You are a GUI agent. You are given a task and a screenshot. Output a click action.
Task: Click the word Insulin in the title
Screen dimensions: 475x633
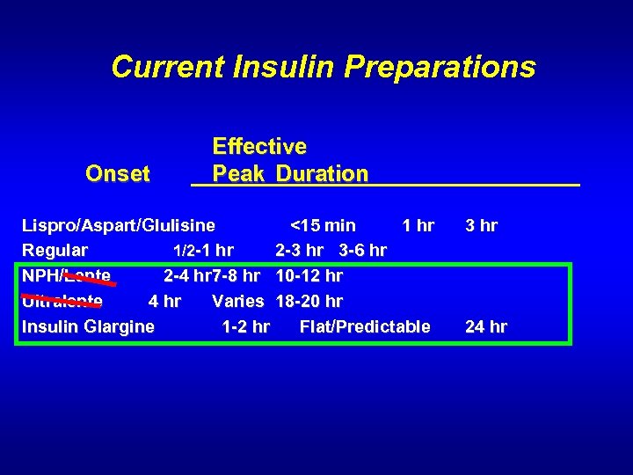(283, 67)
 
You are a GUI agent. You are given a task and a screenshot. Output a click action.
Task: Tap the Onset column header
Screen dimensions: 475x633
(118, 174)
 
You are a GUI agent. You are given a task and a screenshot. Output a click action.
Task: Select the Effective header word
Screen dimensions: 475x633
(259, 146)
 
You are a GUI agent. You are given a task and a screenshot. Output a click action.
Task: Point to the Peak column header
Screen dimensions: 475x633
(239, 174)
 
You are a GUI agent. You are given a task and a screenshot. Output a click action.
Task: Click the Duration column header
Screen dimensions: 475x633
(322, 174)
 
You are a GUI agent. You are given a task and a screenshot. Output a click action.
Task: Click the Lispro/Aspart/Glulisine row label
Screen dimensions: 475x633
(118, 225)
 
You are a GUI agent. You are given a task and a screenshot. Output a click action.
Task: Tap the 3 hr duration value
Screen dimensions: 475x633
(481, 225)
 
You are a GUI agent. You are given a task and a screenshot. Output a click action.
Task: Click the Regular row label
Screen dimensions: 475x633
(55, 251)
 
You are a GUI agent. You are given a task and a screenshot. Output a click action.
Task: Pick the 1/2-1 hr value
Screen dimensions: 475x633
(202, 251)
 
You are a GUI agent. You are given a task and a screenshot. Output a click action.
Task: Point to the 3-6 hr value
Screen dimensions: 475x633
(362, 251)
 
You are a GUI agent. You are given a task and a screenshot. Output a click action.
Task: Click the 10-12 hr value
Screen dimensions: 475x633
(309, 276)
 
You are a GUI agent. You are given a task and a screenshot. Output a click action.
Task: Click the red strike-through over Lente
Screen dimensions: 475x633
(91, 280)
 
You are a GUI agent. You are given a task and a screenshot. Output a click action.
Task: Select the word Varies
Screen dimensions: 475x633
(238, 302)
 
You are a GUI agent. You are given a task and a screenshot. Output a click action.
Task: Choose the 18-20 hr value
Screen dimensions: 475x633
(309, 302)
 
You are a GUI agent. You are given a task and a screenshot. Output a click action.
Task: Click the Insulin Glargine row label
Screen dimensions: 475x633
(88, 327)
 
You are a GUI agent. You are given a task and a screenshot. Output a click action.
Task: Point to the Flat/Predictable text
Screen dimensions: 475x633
(365, 327)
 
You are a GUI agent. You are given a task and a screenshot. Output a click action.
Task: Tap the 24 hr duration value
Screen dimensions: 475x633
(485, 327)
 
